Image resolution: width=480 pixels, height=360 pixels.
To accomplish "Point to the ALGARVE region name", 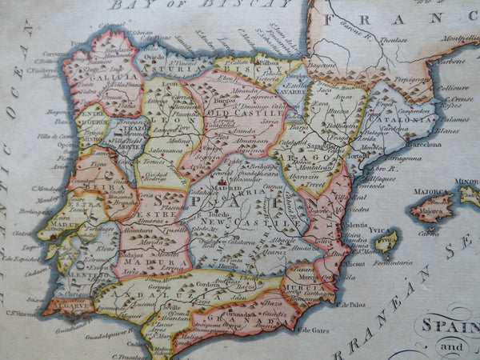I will tap(57, 304).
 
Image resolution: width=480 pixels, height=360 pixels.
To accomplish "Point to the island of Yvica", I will tap(386, 242).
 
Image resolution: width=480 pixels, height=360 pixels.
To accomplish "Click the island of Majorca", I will tap(432, 206).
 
